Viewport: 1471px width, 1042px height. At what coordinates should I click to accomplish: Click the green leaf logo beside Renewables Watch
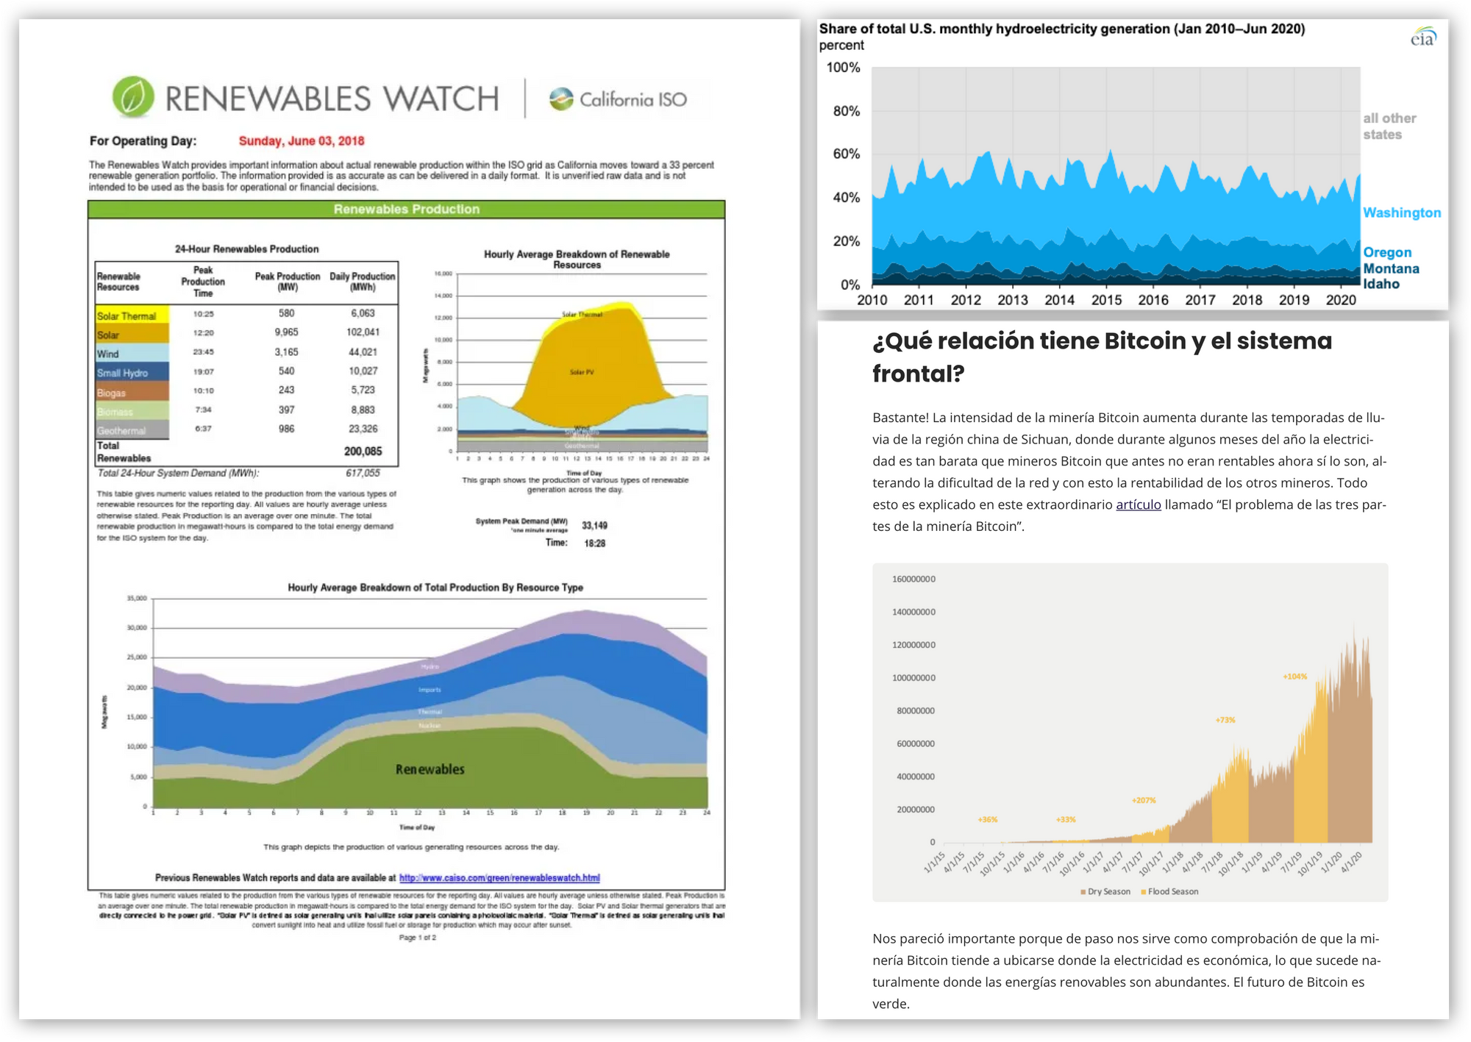133,97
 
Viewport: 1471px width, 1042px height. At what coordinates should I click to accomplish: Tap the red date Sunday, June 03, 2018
302,141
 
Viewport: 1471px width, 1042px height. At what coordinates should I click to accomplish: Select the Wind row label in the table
108,354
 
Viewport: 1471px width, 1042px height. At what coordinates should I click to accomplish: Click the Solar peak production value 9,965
286,332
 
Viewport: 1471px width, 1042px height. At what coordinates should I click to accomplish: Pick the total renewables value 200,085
363,452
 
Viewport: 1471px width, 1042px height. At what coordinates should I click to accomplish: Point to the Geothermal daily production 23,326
363,429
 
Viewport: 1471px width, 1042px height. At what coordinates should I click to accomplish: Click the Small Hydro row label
122,373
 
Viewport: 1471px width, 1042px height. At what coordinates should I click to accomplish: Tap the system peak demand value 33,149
594,526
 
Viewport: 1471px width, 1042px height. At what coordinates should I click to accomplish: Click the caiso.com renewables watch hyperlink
499,878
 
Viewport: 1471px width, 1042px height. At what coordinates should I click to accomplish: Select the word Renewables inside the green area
430,770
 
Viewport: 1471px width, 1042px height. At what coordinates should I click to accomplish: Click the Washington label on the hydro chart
1402,213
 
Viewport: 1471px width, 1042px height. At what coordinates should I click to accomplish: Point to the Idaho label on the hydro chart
1381,284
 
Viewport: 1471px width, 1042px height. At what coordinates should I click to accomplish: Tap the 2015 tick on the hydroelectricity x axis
1106,300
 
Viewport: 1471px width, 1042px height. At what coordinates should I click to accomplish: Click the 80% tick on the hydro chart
847,111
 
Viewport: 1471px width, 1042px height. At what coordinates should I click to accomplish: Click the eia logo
1423,38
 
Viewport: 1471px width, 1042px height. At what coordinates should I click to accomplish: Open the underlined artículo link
1138,505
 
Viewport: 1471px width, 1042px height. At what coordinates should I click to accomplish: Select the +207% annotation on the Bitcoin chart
1144,800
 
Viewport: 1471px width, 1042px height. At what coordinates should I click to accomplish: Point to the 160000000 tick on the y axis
913,579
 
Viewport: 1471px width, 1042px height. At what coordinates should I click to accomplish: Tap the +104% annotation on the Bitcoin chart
1294,677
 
